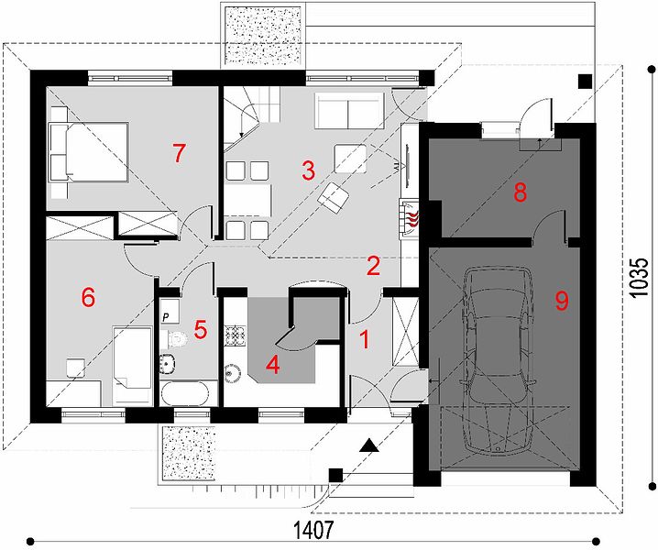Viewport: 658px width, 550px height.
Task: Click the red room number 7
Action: click(x=180, y=153)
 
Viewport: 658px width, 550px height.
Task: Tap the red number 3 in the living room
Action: click(x=308, y=170)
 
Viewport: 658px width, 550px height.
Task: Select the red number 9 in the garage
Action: click(x=562, y=301)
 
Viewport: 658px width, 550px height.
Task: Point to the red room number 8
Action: click(x=520, y=192)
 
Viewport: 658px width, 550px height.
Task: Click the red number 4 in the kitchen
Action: click(x=273, y=365)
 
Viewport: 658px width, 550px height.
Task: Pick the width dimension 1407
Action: click(x=313, y=530)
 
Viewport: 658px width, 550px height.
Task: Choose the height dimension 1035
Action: click(x=639, y=278)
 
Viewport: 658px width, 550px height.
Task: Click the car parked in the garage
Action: click(x=499, y=360)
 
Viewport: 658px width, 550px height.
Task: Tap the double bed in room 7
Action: click(x=89, y=152)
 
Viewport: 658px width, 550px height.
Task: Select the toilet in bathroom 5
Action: click(x=174, y=339)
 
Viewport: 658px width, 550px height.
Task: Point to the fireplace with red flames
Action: click(x=409, y=218)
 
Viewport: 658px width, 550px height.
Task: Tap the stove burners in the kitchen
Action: click(x=235, y=335)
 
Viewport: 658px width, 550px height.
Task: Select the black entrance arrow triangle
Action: click(x=369, y=445)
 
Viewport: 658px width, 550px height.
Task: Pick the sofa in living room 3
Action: click(x=349, y=111)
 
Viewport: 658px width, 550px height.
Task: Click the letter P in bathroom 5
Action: click(x=165, y=317)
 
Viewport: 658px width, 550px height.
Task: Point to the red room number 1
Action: click(x=365, y=340)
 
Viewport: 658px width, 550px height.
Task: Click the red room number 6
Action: click(x=89, y=298)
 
